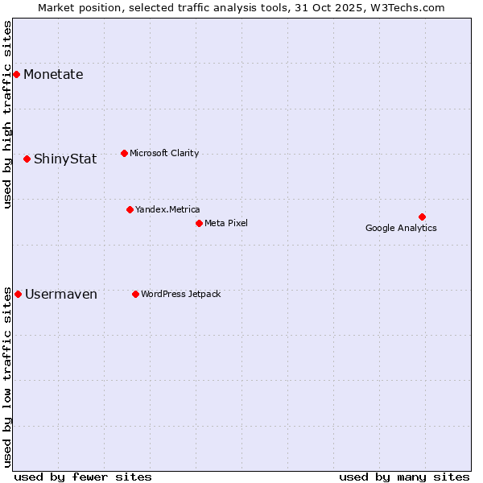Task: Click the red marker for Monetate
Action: point(16,75)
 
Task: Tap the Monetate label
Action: point(53,75)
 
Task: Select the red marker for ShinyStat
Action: point(27,159)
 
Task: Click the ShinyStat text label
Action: point(65,159)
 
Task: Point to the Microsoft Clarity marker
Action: point(124,153)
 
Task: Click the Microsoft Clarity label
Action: point(164,153)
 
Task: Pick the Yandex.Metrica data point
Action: point(130,209)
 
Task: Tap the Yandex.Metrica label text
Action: point(167,209)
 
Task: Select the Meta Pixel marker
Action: point(199,223)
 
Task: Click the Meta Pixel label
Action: point(226,223)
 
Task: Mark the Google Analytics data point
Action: point(422,217)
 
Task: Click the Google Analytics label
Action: point(401,228)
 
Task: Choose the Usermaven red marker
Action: point(18,294)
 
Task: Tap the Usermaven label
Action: point(61,294)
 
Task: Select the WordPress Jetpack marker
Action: point(135,294)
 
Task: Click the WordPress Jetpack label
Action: point(180,294)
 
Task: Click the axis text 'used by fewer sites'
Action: point(83,477)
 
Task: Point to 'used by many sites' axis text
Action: point(404,477)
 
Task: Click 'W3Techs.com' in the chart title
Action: point(413,7)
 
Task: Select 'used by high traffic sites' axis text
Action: point(7,114)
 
